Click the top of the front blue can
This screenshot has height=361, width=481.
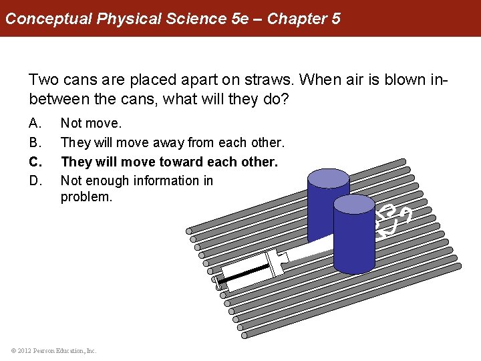point(354,204)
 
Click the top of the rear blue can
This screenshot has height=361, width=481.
point(328,178)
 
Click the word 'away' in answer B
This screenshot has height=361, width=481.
point(171,142)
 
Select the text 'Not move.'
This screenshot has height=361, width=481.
point(92,124)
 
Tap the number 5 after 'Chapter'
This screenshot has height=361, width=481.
point(335,18)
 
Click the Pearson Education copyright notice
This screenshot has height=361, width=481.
point(53,350)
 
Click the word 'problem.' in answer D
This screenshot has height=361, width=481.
point(86,197)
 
